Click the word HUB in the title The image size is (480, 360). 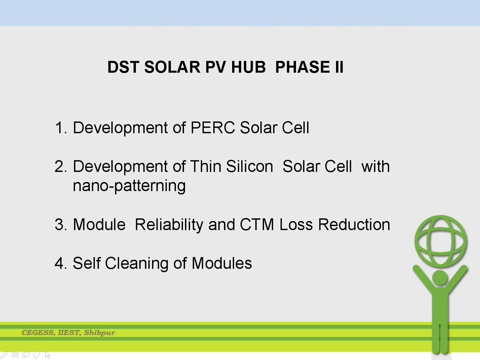pos(248,67)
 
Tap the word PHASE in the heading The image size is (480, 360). pos(303,67)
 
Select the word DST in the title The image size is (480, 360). pos(123,67)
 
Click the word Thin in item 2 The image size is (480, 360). pos(206,166)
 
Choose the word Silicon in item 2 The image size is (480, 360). pos(250,166)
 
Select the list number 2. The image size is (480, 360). pos(61,167)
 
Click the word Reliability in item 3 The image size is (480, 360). pos(169,225)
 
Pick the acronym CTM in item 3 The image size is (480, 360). pos(257,224)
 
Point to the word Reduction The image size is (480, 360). pos(354,224)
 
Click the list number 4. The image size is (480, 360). pos(61,263)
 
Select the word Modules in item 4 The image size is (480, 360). pos(222,263)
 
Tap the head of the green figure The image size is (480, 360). pos(440,278)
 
